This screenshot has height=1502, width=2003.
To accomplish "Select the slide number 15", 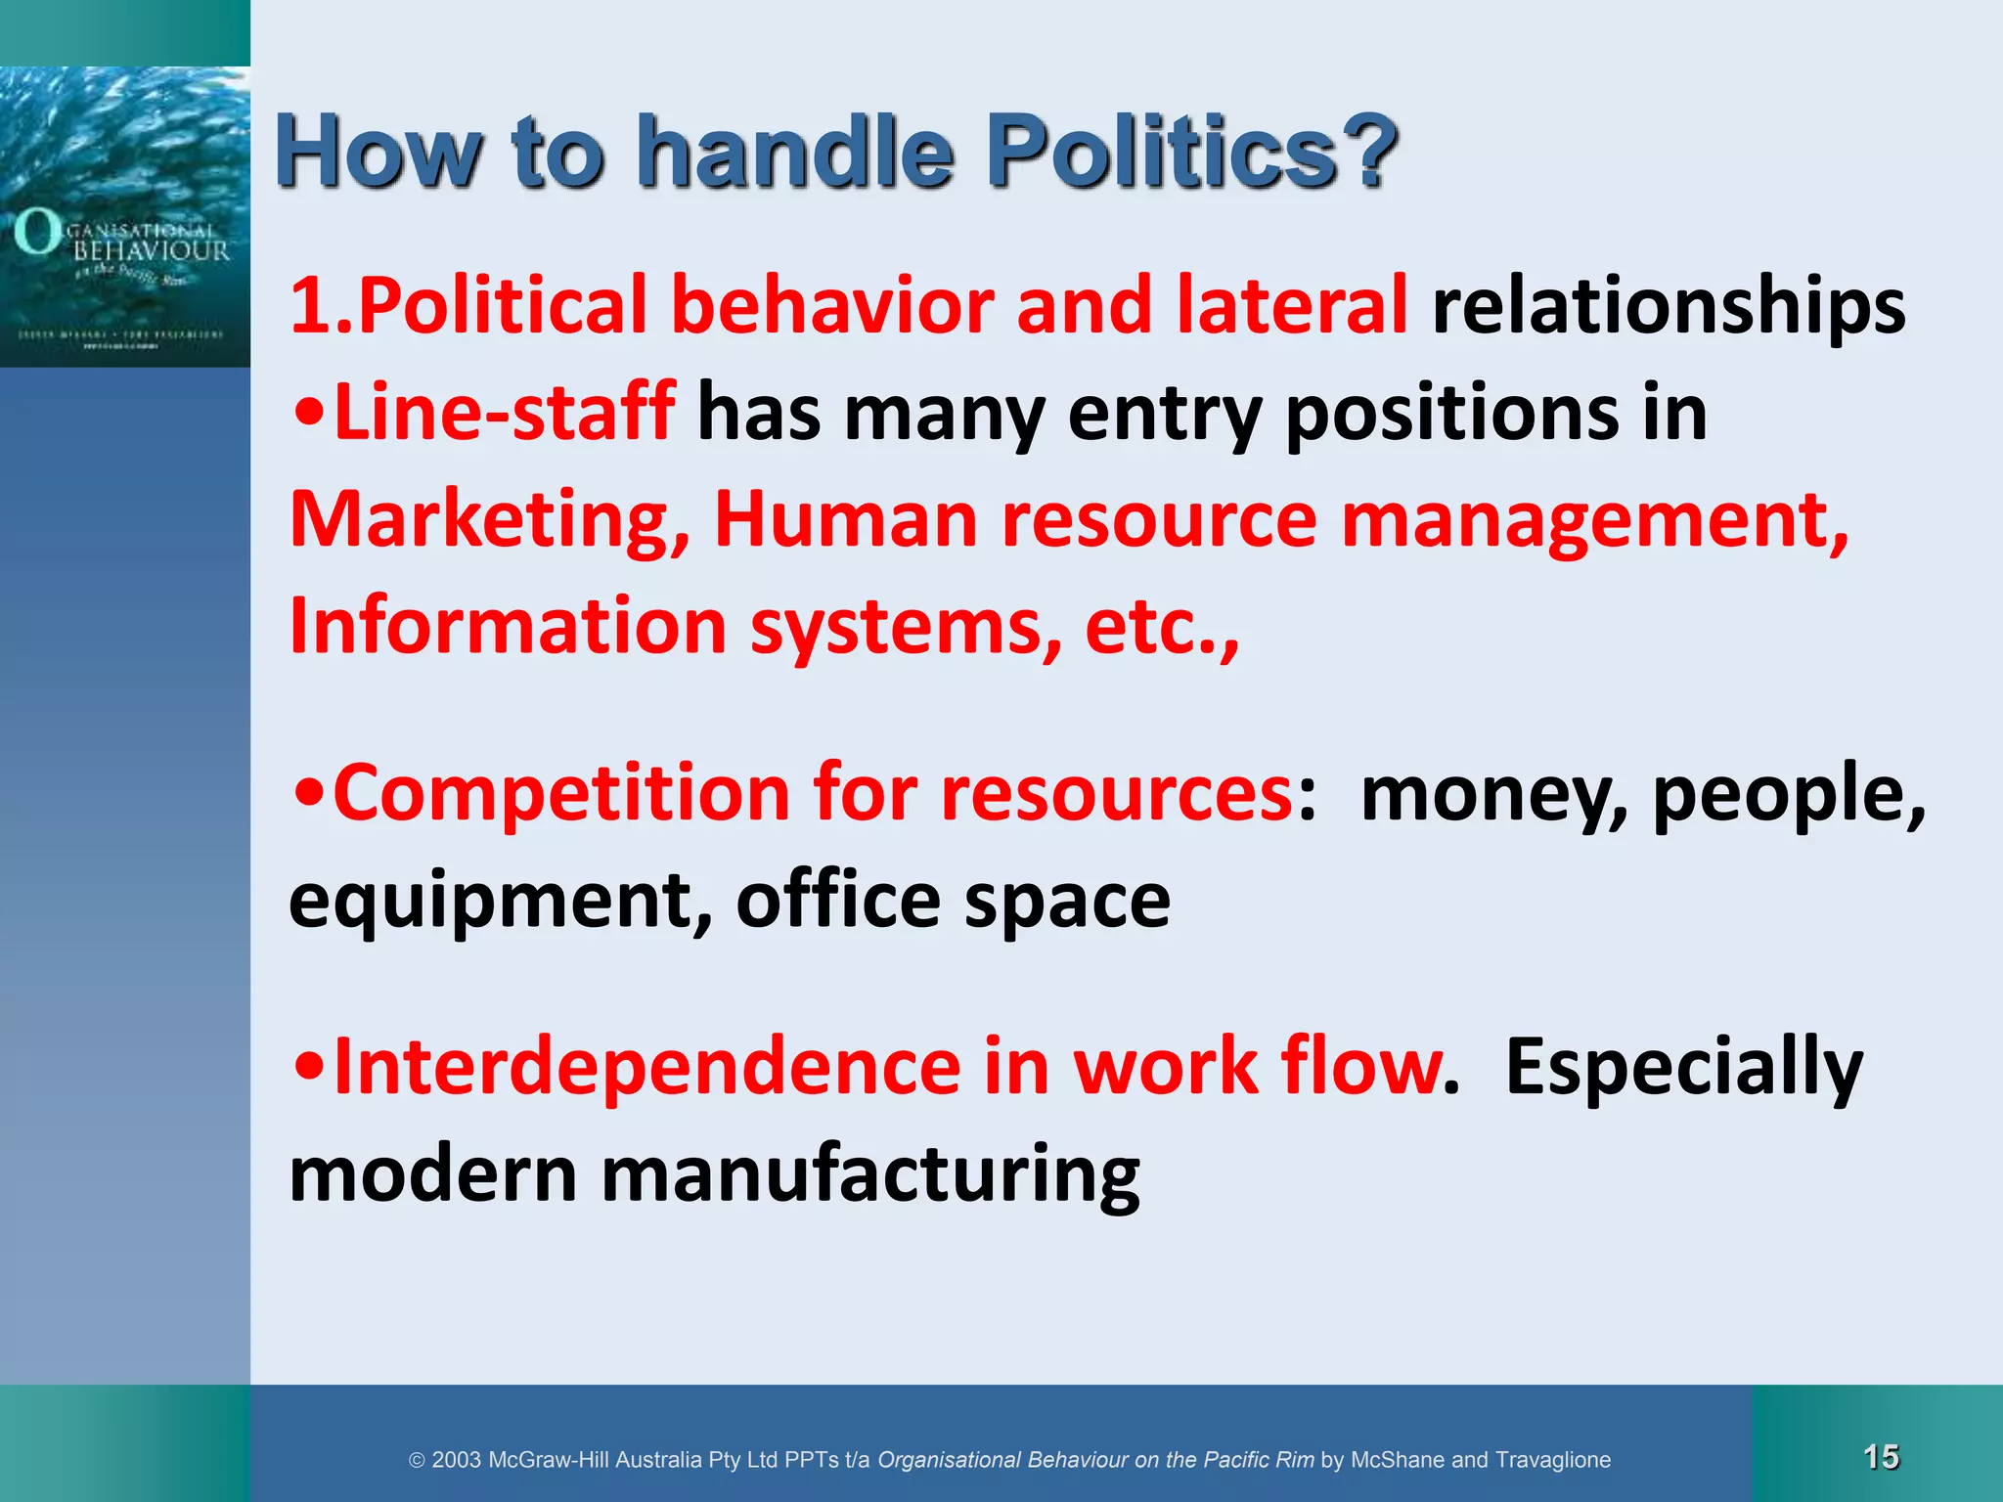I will [1881, 1457].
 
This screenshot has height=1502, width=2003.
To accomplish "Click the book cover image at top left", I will [125, 216].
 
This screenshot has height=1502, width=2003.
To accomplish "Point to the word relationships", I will [1669, 305].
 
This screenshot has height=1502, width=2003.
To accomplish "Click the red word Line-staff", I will [504, 413].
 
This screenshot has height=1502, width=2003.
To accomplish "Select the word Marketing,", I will [490, 520].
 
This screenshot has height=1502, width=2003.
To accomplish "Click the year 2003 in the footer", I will [456, 1460].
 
